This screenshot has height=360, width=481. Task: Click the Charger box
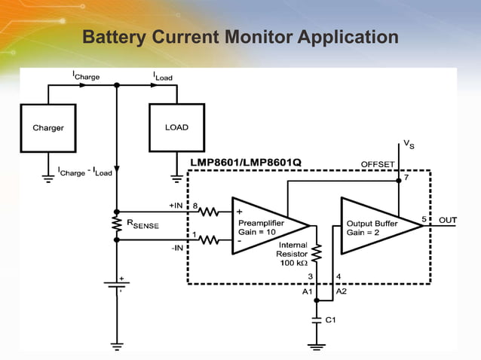tap(47, 128)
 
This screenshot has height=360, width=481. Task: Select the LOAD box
tap(176, 127)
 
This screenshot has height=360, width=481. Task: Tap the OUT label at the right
tap(449, 220)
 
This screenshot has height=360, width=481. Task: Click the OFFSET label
tap(377, 163)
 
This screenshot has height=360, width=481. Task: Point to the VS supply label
tap(407, 143)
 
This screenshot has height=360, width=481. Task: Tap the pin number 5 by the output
tap(424, 219)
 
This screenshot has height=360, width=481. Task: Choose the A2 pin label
tap(341, 291)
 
